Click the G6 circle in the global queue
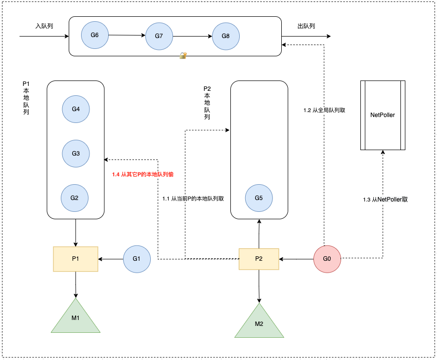(x=95, y=35)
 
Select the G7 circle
(x=159, y=36)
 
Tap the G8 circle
(x=226, y=36)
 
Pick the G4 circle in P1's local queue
(x=76, y=109)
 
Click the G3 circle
(x=76, y=154)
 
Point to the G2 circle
(x=75, y=198)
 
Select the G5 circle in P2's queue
(x=259, y=198)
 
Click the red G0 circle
(x=327, y=259)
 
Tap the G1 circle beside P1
(x=136, y=259)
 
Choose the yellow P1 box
(x=76, y=259)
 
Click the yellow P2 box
(x=259, y=259)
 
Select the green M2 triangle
(x=259, y=324)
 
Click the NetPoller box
(x=383, y=115)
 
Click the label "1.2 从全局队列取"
(x=324, y=111)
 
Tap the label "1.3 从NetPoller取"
(x=385, y=200)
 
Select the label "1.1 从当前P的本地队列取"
(x=193, y=199)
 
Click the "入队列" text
(x=44, y=26)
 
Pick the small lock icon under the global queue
(x=183, y=56)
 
